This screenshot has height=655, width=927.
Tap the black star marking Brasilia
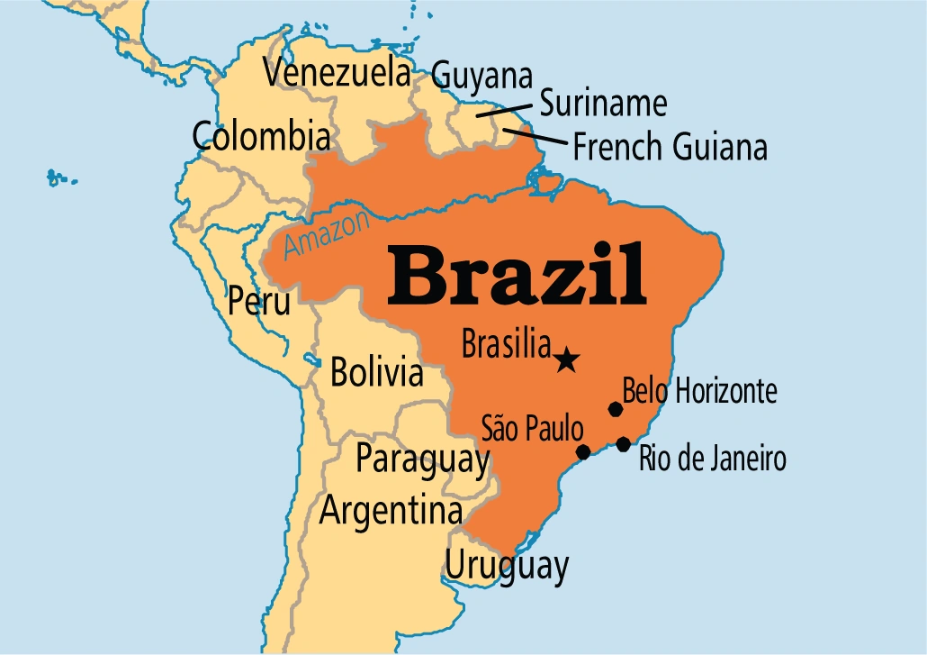point(566,360)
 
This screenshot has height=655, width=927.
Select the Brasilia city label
point(505,343)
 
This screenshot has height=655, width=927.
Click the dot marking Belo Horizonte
point(616,409)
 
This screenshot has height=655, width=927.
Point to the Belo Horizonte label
point(699,392)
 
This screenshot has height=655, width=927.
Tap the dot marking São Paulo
point(583,451)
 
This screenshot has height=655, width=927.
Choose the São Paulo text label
point(532,428)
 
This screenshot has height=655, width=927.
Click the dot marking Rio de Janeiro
point(623,443)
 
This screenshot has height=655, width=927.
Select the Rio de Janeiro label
point(712,459)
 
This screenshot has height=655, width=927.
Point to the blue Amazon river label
point(327,235)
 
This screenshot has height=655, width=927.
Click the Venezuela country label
point(337,74)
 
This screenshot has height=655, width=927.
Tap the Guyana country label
point(481,75)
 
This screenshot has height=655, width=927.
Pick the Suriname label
point(603,104)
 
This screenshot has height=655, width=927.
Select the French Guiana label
point(670,146)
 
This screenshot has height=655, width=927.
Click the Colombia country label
point(261,137)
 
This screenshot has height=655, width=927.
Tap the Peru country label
point(259,300)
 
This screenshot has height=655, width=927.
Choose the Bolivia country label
point(376,371)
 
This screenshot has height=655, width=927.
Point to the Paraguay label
point(422,458)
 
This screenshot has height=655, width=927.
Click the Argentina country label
point(391,511)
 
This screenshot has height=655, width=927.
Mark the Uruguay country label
point(508,567)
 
